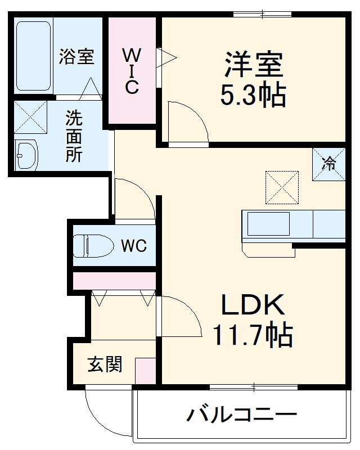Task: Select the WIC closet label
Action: [132, 71]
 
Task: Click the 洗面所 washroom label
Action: [74, 136]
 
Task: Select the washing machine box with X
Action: [30, 117]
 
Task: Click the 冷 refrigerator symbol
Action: [329, 164]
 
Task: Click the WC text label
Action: [133, 245]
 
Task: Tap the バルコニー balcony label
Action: [241, 416]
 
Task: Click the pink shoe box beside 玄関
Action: [145, 371]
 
